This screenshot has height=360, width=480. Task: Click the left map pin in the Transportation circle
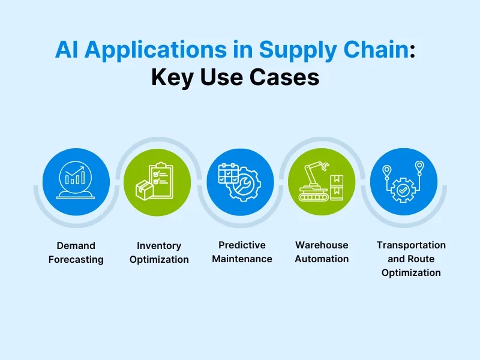pos(387,172)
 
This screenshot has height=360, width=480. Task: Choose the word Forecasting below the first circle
pos(76,259)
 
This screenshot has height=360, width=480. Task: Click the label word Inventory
pos(159,245)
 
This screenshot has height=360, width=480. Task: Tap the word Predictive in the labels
pos(242,245)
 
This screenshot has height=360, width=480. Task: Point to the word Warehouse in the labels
pos(322,245)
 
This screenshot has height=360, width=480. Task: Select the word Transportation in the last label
pos(411,245)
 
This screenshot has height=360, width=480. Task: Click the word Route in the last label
pos(420,259)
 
